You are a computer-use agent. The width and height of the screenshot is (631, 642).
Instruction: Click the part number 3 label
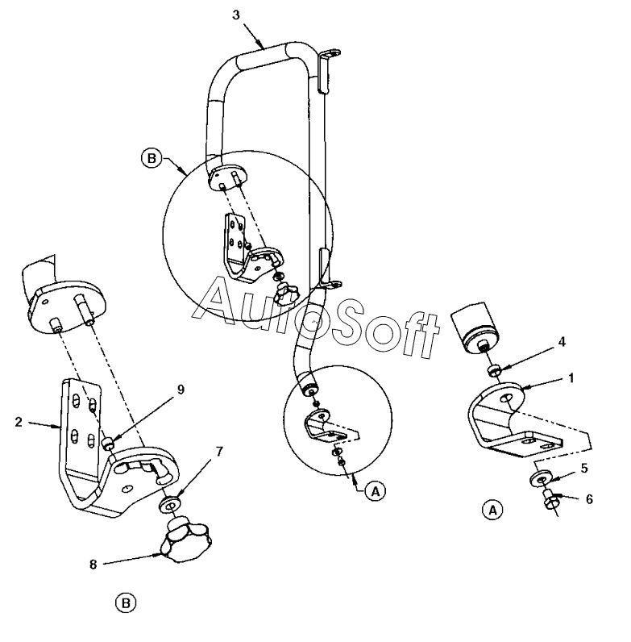pyautogui.click(x=236, y=15)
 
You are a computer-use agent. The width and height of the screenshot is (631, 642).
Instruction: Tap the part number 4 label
pyautogui.click(x=562, y=342)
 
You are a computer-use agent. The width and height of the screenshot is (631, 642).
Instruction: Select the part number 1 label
pyautogui.click(x=571, y=378)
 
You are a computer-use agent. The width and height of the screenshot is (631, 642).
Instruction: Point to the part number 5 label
pyautogui.click(x=584, y=468)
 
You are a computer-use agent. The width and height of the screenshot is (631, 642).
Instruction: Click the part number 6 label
pyautogui.click(x=589, y=499)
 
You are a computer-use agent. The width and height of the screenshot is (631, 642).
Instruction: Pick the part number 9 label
pyautogui.click(x=181, y=390)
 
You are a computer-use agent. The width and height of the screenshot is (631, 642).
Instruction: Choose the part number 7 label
pyautogui.click(x=219, y=452)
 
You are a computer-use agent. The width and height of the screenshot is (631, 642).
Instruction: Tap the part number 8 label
pyautogui.click(x=93, y=565)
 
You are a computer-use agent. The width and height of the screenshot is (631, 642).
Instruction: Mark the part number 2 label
pyautogui.click(x=18, y=422)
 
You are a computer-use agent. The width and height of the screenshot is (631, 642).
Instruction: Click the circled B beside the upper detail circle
pyautogui.click(x=152, y=158)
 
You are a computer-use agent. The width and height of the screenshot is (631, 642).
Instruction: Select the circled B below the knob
pyautogui.click(x=126, y=603)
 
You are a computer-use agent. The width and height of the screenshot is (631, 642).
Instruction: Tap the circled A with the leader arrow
pyautogui.click(x=376, y=491)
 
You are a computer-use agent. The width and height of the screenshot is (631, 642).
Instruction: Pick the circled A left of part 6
pyautogui.click(x=492, y=511)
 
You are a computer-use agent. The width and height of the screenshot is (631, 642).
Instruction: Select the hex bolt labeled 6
pyautogui.click(x=548, y=499)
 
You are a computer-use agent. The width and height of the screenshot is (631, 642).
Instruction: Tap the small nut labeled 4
pyautogui.click(x=494, y=370)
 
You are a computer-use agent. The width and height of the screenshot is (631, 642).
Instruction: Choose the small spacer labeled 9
pyautogui.click(x=107, y=443)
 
